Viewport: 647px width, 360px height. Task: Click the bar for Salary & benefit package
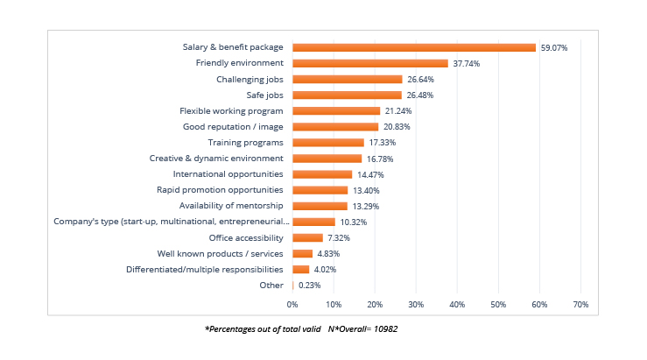tap(413, 47)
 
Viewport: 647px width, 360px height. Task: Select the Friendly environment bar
tap(369, 63)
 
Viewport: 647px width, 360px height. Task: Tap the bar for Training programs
tap(327, 142)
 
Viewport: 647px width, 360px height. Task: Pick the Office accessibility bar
tap(307, 237)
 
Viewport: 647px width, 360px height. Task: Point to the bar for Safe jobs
tap(347, 95)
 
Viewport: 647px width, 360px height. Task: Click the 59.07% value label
tap(553, 47)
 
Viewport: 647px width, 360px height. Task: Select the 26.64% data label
tap(421, 79)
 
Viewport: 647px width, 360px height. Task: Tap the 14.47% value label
tap(370, 174)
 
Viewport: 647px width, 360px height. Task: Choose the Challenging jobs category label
tap(250, 79)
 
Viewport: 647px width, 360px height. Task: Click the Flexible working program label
tap(231, 111)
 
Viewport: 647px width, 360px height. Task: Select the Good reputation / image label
tap(233, 126)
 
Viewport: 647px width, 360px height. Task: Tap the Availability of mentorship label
tap(231, 206)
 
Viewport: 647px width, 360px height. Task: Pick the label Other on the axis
tap(271, 285)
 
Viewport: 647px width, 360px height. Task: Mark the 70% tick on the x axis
tap(580, 304)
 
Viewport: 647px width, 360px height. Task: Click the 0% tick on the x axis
tap(292, 304)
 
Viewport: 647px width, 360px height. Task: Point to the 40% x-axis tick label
tap(457, 304)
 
